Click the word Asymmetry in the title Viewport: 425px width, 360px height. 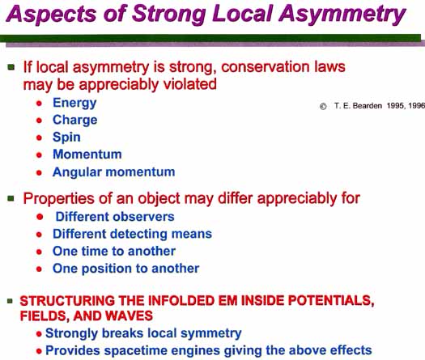pos(342,14)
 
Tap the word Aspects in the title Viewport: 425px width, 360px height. pos(51,14)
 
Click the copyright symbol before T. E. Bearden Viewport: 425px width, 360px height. pos(323,106)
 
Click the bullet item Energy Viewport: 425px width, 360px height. pos(74,104)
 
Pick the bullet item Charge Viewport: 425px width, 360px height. pos(74,120)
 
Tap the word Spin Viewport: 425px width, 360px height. pos(66,138)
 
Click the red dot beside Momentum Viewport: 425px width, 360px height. pos(39,155)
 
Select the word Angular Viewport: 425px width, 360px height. pos(77,172)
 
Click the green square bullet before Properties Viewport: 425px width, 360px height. pos(11,199)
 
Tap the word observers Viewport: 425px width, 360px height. pos(143,217)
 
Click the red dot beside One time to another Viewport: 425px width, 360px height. pos(39,252)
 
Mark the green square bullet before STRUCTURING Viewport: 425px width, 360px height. pos(10,301)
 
